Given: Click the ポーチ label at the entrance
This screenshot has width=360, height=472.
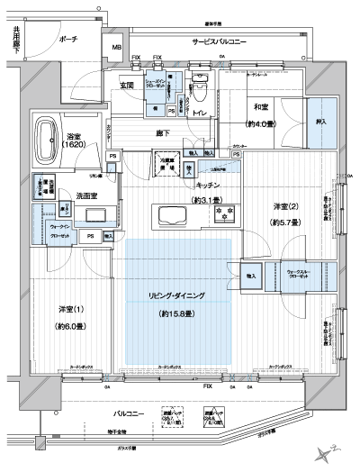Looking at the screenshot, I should (68, 40).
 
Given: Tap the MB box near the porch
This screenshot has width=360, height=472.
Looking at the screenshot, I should (116, 47).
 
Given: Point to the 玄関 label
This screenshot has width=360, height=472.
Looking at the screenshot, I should (127, 86).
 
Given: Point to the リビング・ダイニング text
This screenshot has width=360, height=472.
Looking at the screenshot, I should (177, 296).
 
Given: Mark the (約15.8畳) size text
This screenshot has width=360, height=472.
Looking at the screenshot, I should (177, 313).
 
